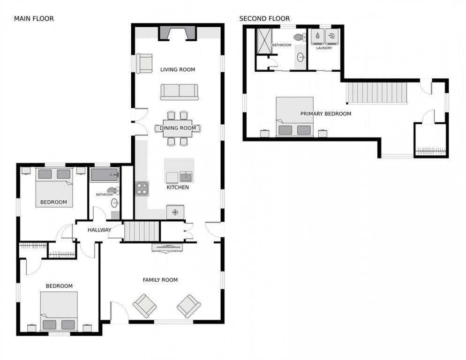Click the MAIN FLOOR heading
pos(34,18)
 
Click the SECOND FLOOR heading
pos(264,18)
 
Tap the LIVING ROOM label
pos(178,69)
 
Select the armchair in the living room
pos(144,63)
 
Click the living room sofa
pos(179,92)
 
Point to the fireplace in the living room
pos(177,33)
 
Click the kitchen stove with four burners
pos(142,189)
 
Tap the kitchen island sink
pos(186,177)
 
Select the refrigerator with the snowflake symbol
pos(175,212)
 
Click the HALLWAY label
pos(99,230)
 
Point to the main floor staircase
pos(141,231)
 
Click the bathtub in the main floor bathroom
pos(105,175)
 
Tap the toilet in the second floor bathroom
pos(300,37)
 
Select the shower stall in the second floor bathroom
pos(264,41)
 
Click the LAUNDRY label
pos(324,48)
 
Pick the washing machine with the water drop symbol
pos(317,37)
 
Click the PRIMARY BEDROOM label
pos(326,113)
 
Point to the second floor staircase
pos(376,93)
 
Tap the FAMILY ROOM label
pos(160,280)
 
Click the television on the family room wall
pos(167,247)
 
